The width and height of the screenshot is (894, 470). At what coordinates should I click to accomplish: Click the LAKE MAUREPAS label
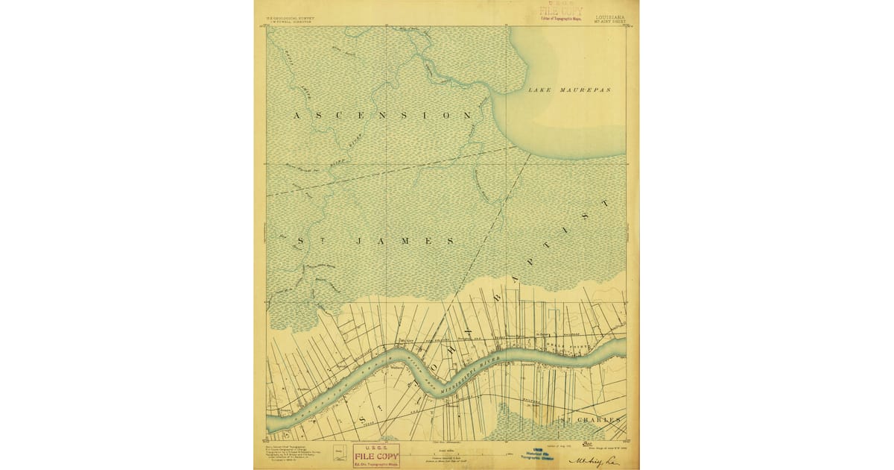569,90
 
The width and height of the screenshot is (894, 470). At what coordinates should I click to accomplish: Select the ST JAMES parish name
376,241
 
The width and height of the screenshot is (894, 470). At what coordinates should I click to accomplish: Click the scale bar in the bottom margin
445,453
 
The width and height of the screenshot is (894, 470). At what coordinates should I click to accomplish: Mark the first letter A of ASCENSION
297,116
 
